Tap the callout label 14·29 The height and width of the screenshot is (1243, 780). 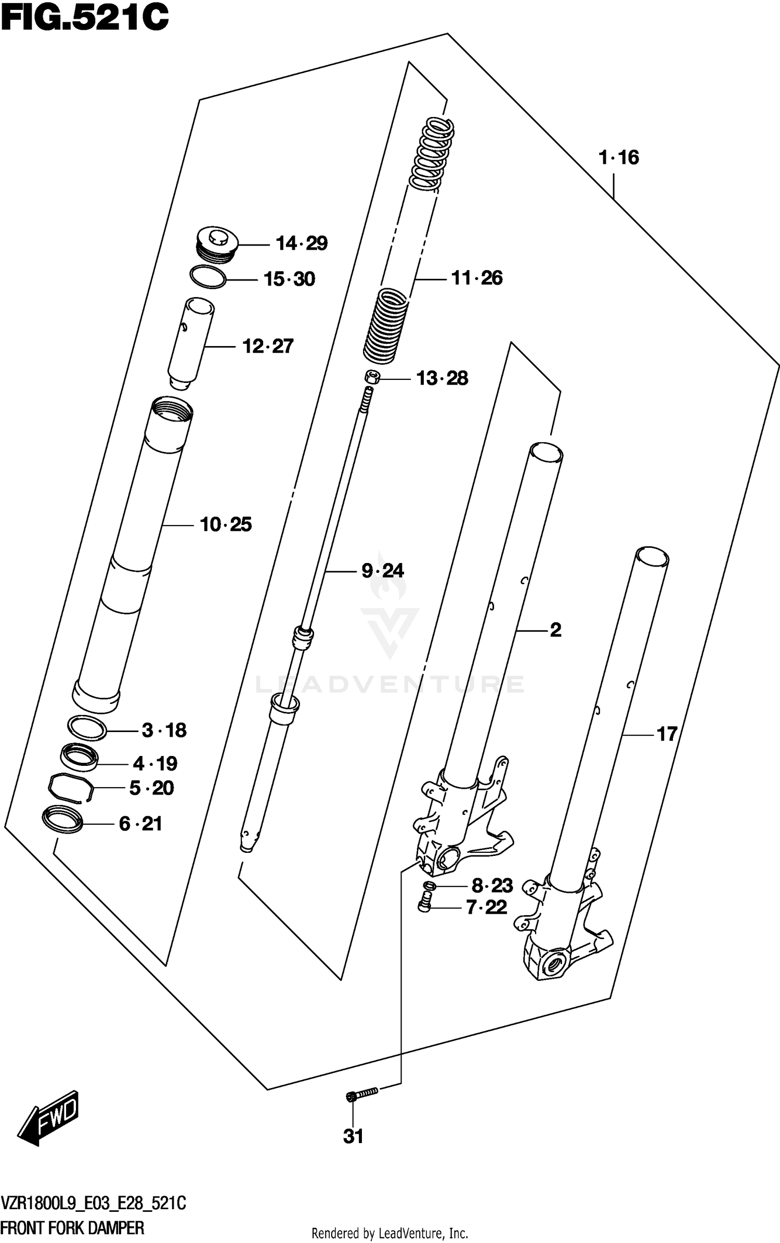pos(301,244)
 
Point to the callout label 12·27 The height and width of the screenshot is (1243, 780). pos(268,347)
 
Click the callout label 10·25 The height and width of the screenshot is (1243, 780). pos(226,524)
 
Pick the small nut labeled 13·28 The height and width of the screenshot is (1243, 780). pos(371,377)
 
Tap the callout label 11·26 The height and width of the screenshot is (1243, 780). pos(476,278)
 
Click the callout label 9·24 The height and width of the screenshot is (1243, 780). pos(383,571)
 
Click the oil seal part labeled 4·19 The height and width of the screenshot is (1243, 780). pos(79,758)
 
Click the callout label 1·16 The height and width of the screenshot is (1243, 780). pos(618,157)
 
